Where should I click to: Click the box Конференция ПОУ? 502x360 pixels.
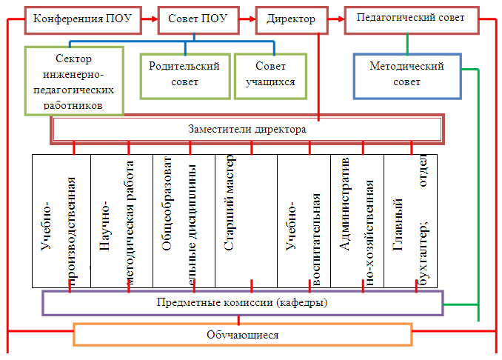click(82, 19)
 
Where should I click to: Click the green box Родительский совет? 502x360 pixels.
click(184, 74)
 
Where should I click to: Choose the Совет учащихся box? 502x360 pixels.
click(265, 74)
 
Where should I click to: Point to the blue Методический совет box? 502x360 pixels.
click(406, 75)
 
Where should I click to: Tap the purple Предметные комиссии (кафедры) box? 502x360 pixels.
click(242, 303)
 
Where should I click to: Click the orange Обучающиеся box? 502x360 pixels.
click(242, 335)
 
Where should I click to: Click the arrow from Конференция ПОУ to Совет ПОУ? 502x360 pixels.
click(149, 19)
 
